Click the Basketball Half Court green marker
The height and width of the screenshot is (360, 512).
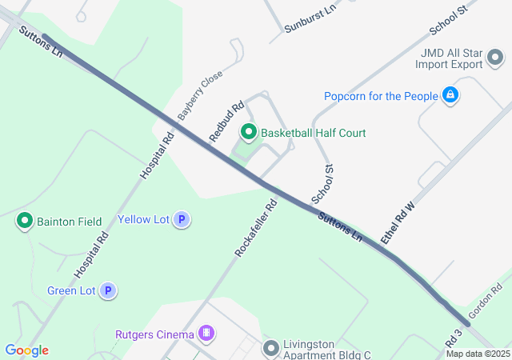(249, 132)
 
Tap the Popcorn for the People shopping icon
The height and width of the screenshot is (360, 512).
(450, 96)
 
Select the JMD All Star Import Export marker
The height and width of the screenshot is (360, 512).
(495, 57)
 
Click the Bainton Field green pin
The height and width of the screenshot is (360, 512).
(25, 221)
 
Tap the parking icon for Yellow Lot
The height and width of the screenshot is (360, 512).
(182, 219)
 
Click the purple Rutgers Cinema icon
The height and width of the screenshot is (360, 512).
(206, 333)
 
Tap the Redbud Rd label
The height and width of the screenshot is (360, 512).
(226, 122)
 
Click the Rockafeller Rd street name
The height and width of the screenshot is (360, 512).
(256, 228)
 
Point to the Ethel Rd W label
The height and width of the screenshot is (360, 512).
(398, 223)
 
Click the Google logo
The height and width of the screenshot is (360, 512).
(26, 350)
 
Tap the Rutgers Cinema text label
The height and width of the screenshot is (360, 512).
(154, 334)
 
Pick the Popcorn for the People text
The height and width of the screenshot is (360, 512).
(381, 97)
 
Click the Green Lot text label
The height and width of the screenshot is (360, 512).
(72, 291)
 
